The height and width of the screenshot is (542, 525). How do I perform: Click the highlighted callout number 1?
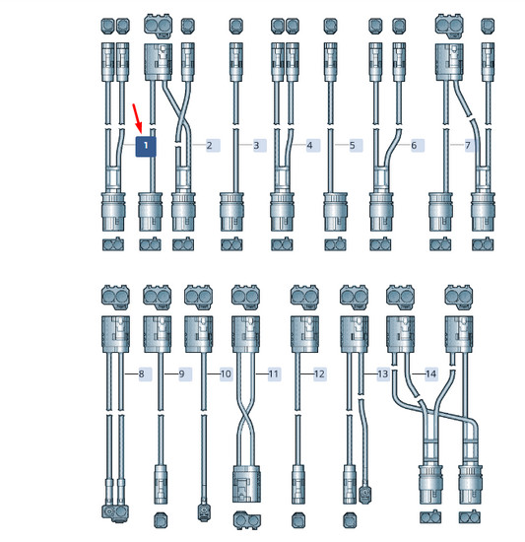tap(146, 146)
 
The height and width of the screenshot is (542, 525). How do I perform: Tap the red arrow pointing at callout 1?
tap(138, 118)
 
